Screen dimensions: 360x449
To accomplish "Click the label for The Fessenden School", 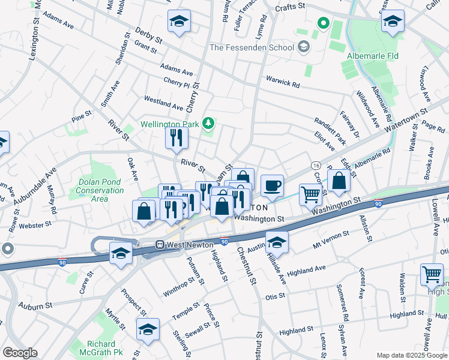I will click(252, 47).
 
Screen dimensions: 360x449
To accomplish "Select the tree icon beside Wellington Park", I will click(208, 124).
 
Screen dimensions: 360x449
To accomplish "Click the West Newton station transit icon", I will click(160, 245).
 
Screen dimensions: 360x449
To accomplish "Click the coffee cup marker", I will click(272, 186).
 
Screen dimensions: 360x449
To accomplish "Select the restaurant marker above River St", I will click(176, 138).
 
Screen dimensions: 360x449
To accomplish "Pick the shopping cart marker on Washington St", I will click(310, 194).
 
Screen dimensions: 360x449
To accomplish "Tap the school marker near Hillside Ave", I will click(277, 242).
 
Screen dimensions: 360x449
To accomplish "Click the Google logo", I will click(19, 353).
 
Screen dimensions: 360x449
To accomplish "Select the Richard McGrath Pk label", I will click(97, 349).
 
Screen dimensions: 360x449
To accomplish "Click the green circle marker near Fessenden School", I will click(323, 24).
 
